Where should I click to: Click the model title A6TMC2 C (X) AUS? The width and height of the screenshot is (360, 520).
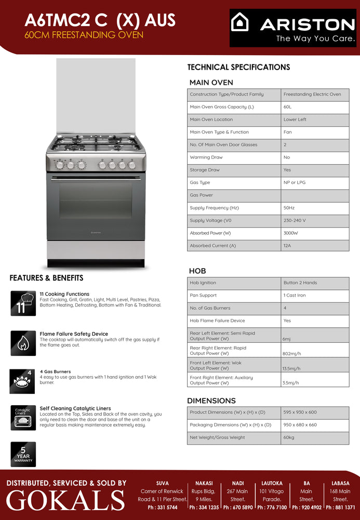pos(100,20)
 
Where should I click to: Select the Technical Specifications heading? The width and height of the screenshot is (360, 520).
pos(238,67)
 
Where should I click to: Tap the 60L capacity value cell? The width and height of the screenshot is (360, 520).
pos(288,107)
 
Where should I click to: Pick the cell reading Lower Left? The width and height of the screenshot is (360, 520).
pos(295,119)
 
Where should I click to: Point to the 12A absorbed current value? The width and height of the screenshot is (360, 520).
pos(288,246)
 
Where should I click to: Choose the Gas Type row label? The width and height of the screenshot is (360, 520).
pos(200,183)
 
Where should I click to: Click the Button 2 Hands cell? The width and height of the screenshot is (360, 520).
pos(300,283)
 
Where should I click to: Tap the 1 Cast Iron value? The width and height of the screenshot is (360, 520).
pos(295,296)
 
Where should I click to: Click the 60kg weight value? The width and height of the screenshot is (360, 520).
pos(289,437)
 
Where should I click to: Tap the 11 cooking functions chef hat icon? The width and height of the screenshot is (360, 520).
pos(23,303)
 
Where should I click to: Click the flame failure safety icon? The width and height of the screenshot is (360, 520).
pos(23,343)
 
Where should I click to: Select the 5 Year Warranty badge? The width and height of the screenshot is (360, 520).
pos(23,454)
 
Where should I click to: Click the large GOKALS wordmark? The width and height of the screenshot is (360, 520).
pos(65,501)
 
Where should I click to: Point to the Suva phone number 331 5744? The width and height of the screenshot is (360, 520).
pos(162,508)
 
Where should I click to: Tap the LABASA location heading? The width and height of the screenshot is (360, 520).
pos(340,483)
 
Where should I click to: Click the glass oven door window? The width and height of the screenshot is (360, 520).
pos(96,200)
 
